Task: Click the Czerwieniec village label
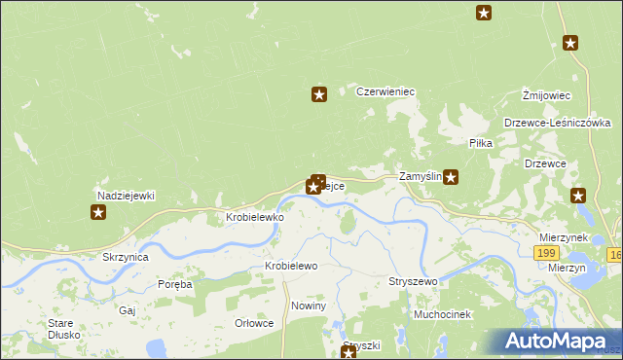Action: [x=385, y=91]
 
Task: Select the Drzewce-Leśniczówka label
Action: [x=558, y=123]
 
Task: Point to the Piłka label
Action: [x=481, y=143]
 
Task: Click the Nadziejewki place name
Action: [x=125, y=196]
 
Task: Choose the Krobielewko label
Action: [x=255, y=217]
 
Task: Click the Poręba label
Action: [x=175, y=285]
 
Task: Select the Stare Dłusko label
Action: [x=63, y=328]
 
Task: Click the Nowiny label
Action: [x=308, y=306]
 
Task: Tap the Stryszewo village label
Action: [x=414, y=281]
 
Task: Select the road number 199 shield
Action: [x=547, y=252]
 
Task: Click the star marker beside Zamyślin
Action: [x=451, y=177]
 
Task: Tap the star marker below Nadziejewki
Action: [x=98, y=212]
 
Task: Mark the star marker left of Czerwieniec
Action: [x=318, y=94]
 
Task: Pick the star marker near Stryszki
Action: [x=348, y=352]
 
